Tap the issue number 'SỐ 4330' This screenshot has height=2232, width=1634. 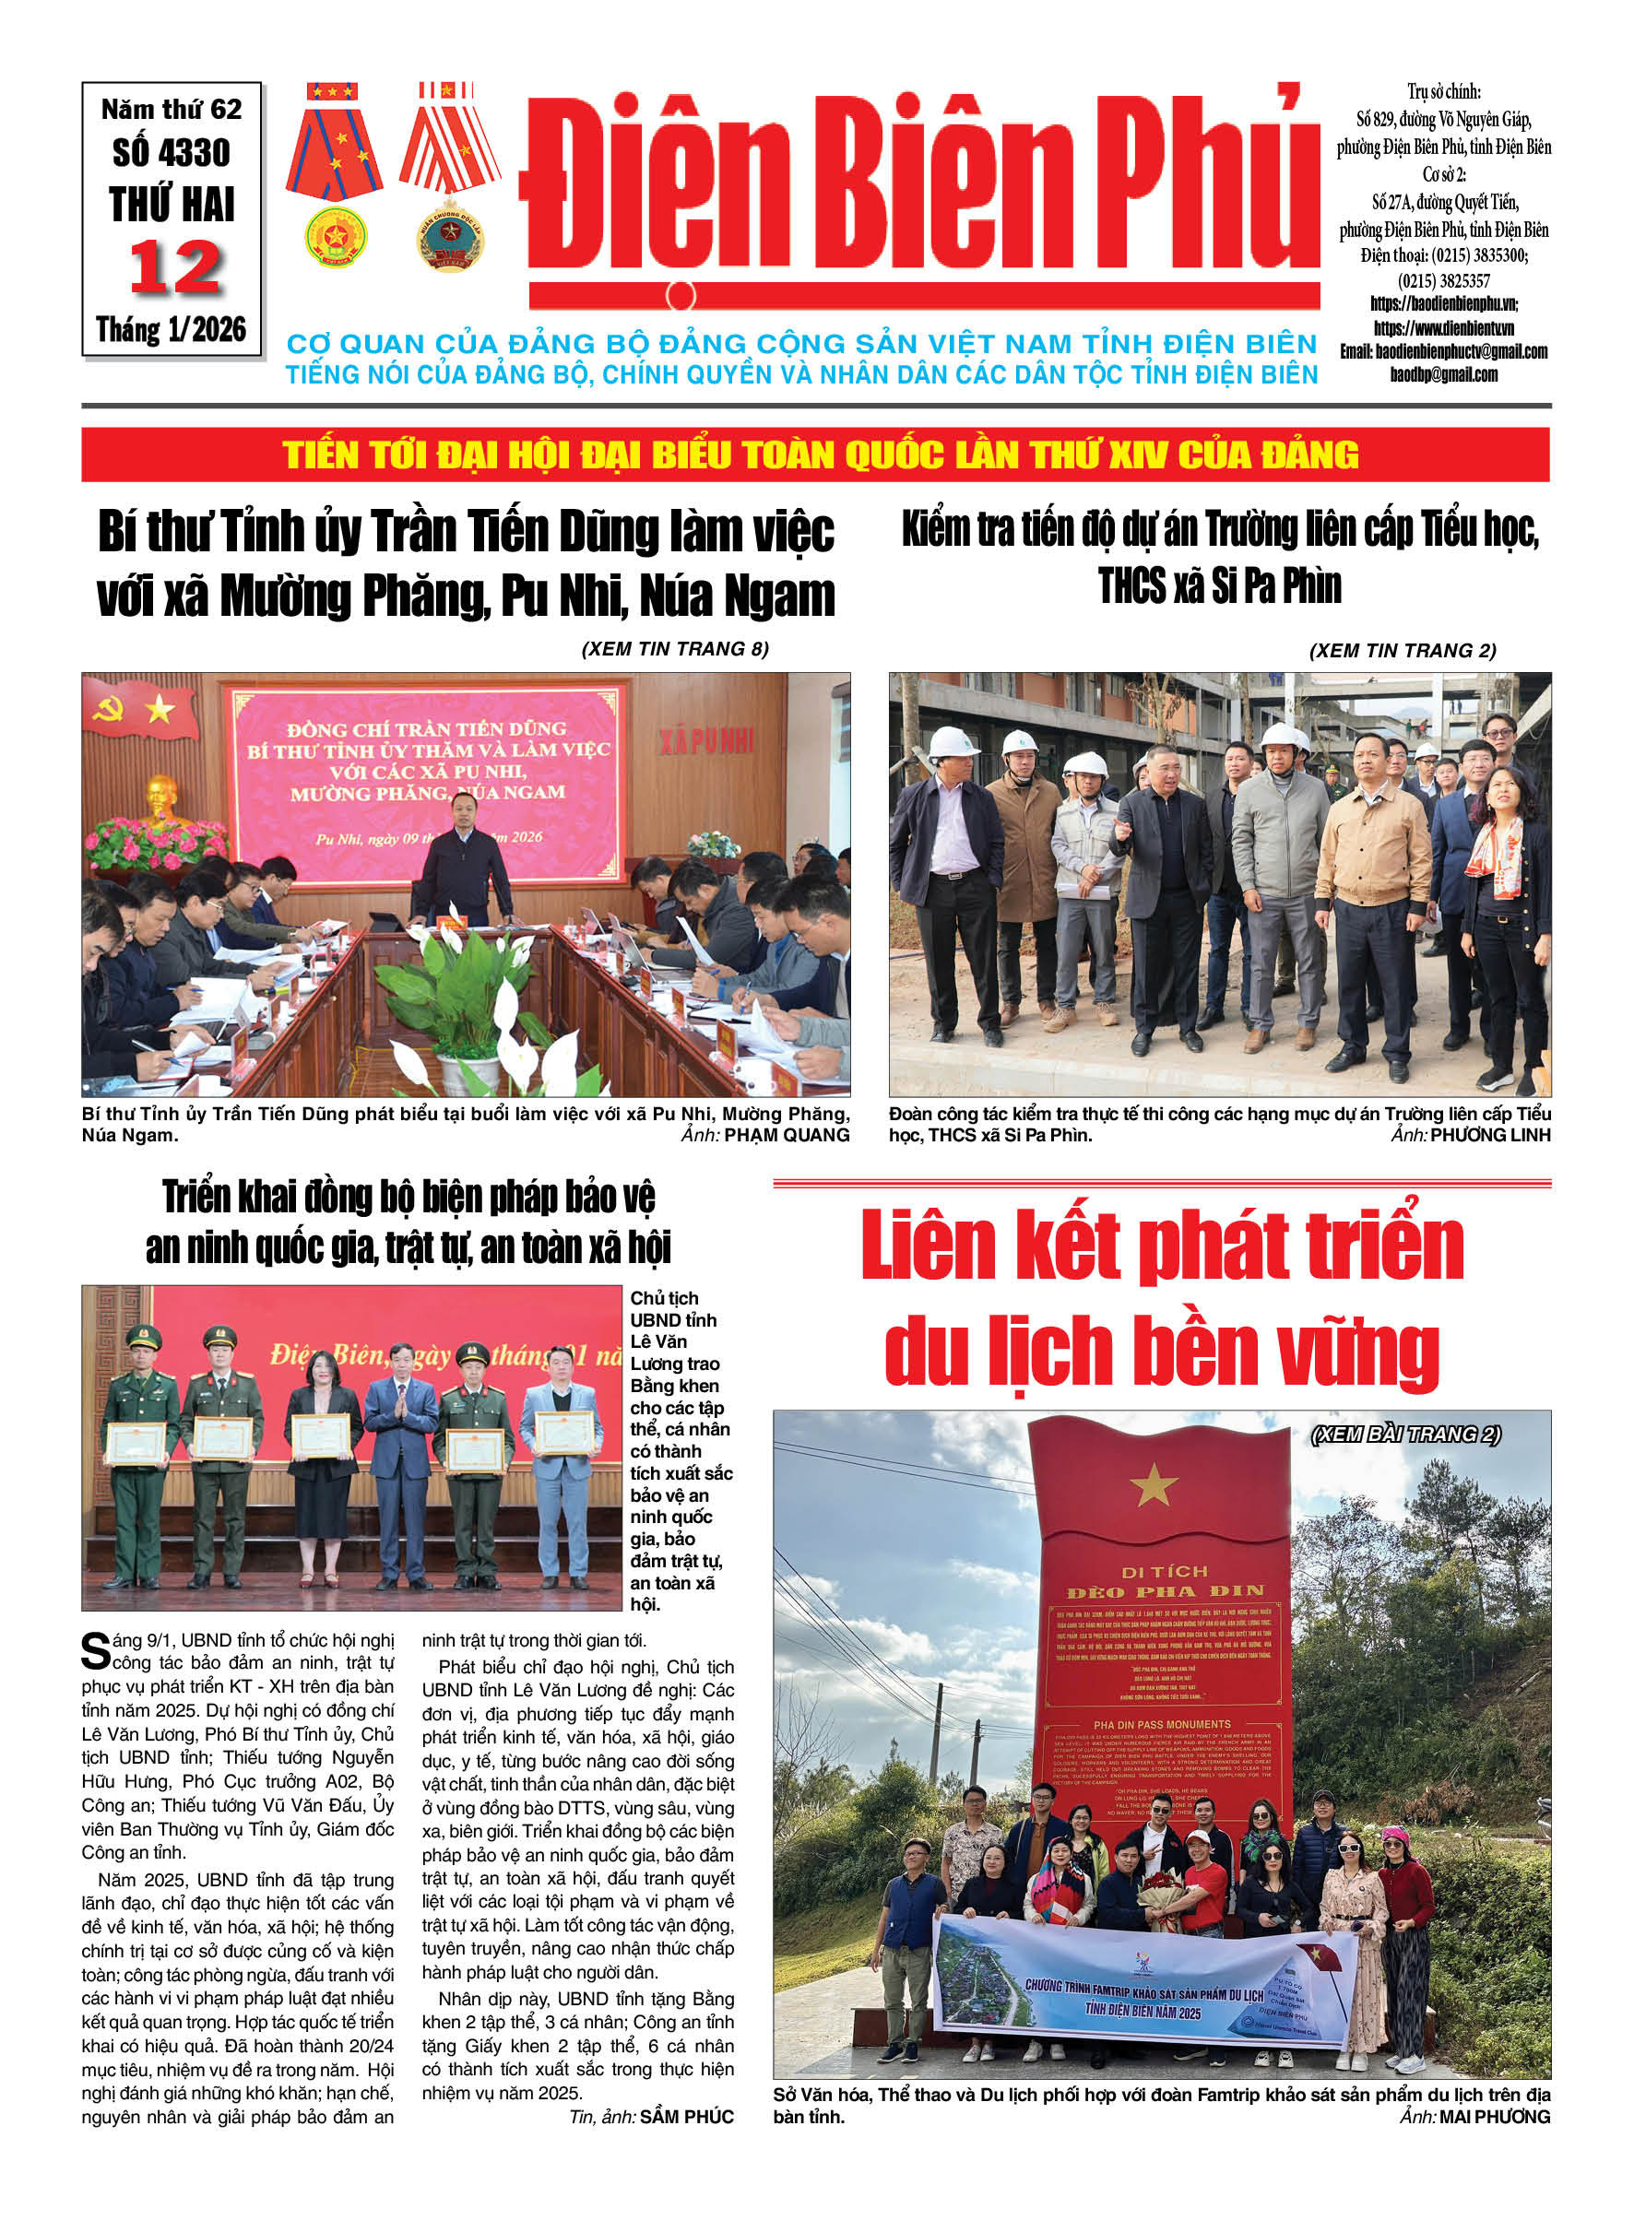point(172,153)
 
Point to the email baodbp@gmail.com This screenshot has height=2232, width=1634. point(1443,375)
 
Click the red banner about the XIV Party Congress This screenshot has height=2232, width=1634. point(816,455)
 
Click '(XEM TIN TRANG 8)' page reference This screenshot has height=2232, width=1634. point(675,649)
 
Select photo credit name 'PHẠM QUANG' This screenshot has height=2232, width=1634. point(787,1135)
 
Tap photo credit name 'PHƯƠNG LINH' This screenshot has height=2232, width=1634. point(1489,1135)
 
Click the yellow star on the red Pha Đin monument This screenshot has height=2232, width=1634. point(1154,1483)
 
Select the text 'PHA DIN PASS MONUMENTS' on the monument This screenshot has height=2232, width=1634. point(1161,1725)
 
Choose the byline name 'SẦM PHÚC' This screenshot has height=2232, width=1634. point(686,2118)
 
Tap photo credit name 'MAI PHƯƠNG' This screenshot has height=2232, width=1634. point(1494,2118)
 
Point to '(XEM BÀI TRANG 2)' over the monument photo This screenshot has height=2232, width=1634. point(1405,1434)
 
